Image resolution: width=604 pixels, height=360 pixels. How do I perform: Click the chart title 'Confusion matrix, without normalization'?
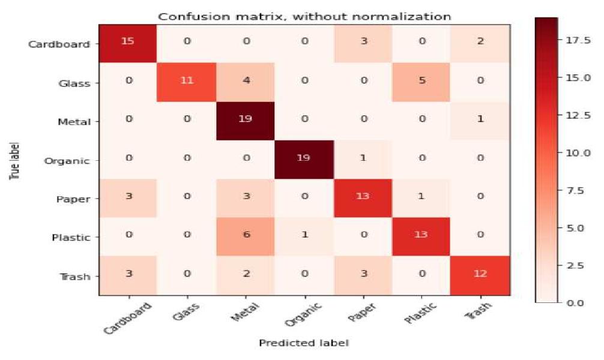click(304, 16)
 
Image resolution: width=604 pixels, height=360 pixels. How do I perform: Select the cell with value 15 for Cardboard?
click(128, 44)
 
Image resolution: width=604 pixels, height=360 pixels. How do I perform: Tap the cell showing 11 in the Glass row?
click(187, 82)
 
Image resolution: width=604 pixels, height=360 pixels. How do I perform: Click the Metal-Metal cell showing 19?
click(245, 121)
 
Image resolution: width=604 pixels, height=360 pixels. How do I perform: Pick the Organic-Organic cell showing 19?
click(304, 160)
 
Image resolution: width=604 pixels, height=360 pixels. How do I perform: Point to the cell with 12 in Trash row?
click(480, 276)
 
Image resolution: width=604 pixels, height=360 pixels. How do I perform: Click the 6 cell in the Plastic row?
click(245, 237)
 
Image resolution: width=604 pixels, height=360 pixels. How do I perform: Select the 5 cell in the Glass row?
click(421, 82)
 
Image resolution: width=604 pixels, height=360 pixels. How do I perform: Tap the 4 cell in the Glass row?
click(245, 82)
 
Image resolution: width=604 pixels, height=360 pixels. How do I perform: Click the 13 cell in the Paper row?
click(363, 199)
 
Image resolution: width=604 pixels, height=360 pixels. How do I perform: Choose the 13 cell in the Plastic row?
click(421, 237)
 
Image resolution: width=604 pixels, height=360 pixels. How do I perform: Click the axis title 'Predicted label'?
click(304, 343)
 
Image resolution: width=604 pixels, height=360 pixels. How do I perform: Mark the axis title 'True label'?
click(13, 160)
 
